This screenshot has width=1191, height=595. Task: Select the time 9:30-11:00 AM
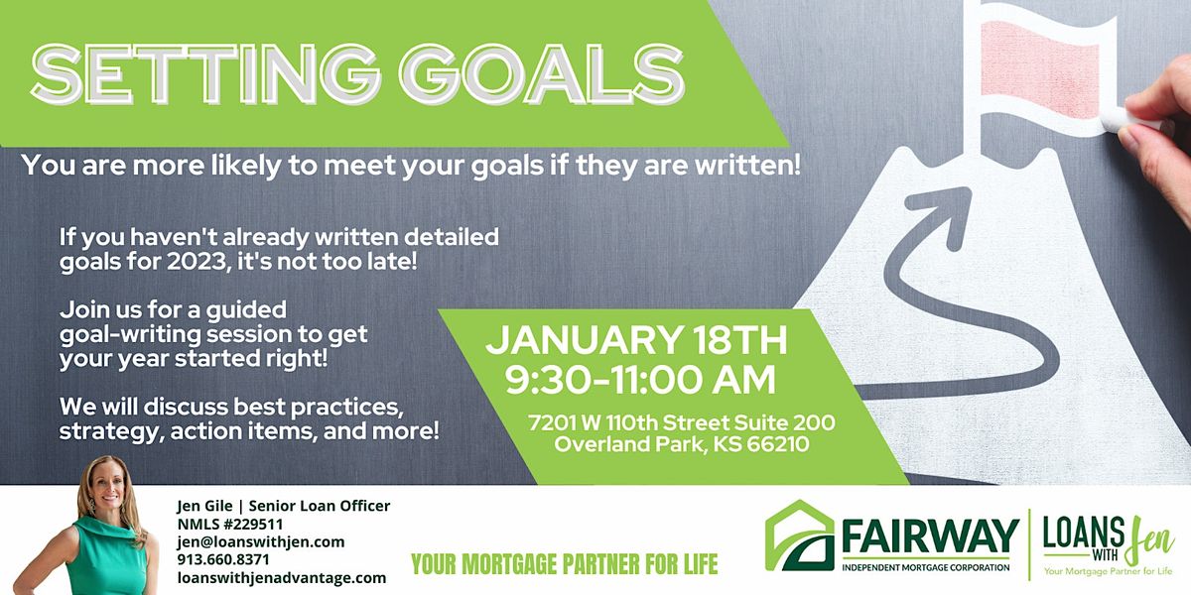coord(636,379)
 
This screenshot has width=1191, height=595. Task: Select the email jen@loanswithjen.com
coord(260,541)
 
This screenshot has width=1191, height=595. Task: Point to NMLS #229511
coord(229,524)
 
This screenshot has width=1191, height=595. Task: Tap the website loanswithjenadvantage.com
coord(280,577)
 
